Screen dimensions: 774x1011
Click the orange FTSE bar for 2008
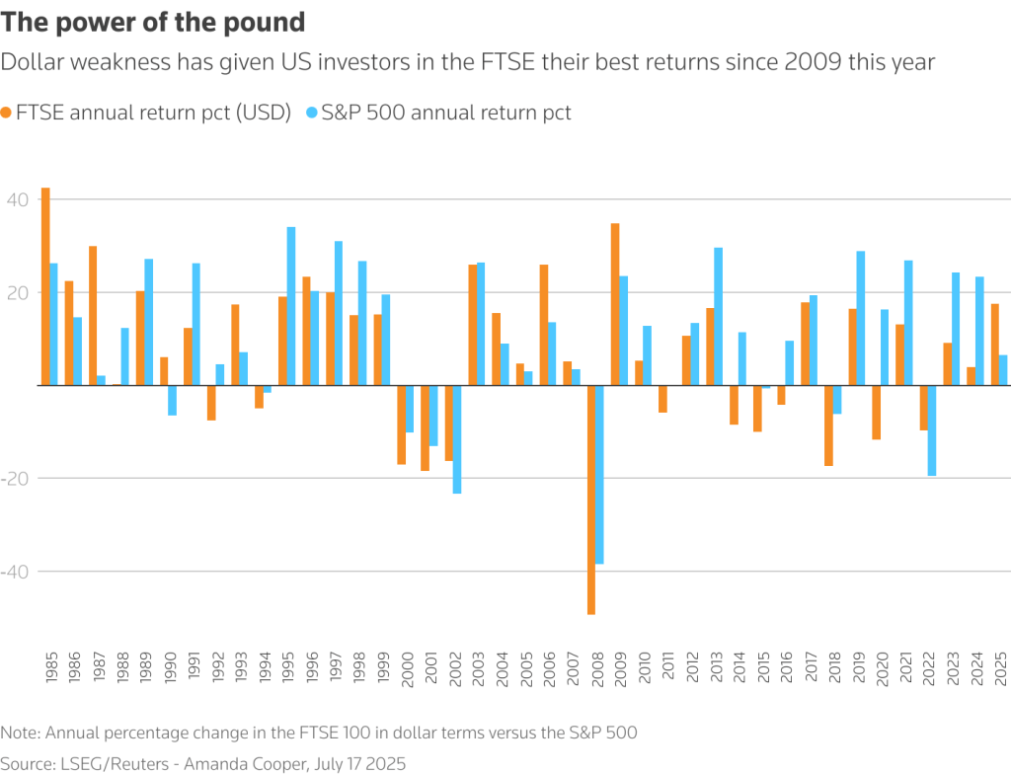591,500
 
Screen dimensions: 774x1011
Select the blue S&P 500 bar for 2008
600,474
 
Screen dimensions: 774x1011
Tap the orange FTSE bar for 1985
45,286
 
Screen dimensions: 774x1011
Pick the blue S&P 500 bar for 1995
291,306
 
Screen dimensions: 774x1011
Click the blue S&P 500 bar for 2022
932,430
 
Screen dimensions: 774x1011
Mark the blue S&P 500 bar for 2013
719,316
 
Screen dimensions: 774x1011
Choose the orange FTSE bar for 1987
93,316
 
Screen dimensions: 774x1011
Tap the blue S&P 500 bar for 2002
457,439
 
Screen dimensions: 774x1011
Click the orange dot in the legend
8,113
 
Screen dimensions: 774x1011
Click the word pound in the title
268,22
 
